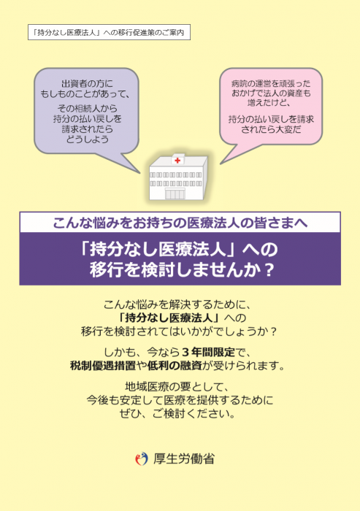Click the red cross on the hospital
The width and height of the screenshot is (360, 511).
[177, 161]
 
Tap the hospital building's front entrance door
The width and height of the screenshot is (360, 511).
[175, 194]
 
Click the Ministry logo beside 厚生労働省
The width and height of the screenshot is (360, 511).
[142, 459]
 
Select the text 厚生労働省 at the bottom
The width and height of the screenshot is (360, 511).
[184, 459]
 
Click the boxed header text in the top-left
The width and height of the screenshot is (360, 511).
[109, 32]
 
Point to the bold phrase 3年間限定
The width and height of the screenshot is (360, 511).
[208, 352]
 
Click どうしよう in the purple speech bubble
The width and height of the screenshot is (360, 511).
[87, 139]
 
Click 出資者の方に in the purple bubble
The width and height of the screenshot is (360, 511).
[87, 84]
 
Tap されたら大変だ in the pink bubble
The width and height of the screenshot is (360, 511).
[271, 129]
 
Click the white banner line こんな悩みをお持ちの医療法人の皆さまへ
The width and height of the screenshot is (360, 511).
[180, 223]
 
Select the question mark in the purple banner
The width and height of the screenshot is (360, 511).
[269, 269]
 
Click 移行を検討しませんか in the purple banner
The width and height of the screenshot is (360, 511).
[176, 269]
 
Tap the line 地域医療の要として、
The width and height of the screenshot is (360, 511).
[177, 386]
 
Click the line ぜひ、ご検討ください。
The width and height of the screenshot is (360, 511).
[177, 414]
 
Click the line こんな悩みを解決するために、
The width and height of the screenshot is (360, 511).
[177, 304]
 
